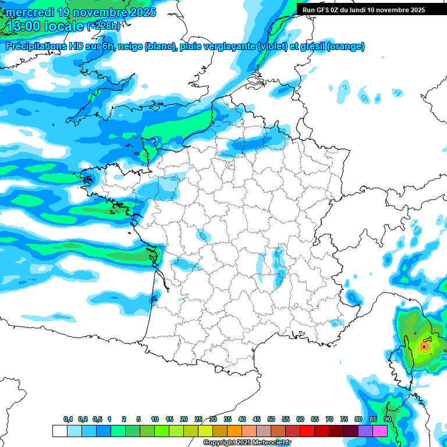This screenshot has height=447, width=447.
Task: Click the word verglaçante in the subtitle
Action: (230, 47)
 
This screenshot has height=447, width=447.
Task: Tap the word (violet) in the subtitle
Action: (272, 47)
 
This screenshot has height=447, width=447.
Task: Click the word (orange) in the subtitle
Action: (347, 47)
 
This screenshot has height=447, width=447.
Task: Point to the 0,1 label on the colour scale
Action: (68, 419)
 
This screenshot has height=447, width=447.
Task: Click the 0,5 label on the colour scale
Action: (97, 419)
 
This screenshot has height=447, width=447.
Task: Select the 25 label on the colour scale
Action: (198, 419)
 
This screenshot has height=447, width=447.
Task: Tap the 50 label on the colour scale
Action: (271, 419)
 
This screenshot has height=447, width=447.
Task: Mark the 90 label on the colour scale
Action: (388, 419)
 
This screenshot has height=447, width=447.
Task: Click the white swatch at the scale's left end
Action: (59, 431)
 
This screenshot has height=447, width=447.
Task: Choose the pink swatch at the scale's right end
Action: (380, 431)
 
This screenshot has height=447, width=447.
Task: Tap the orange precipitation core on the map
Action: (424, 346)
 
